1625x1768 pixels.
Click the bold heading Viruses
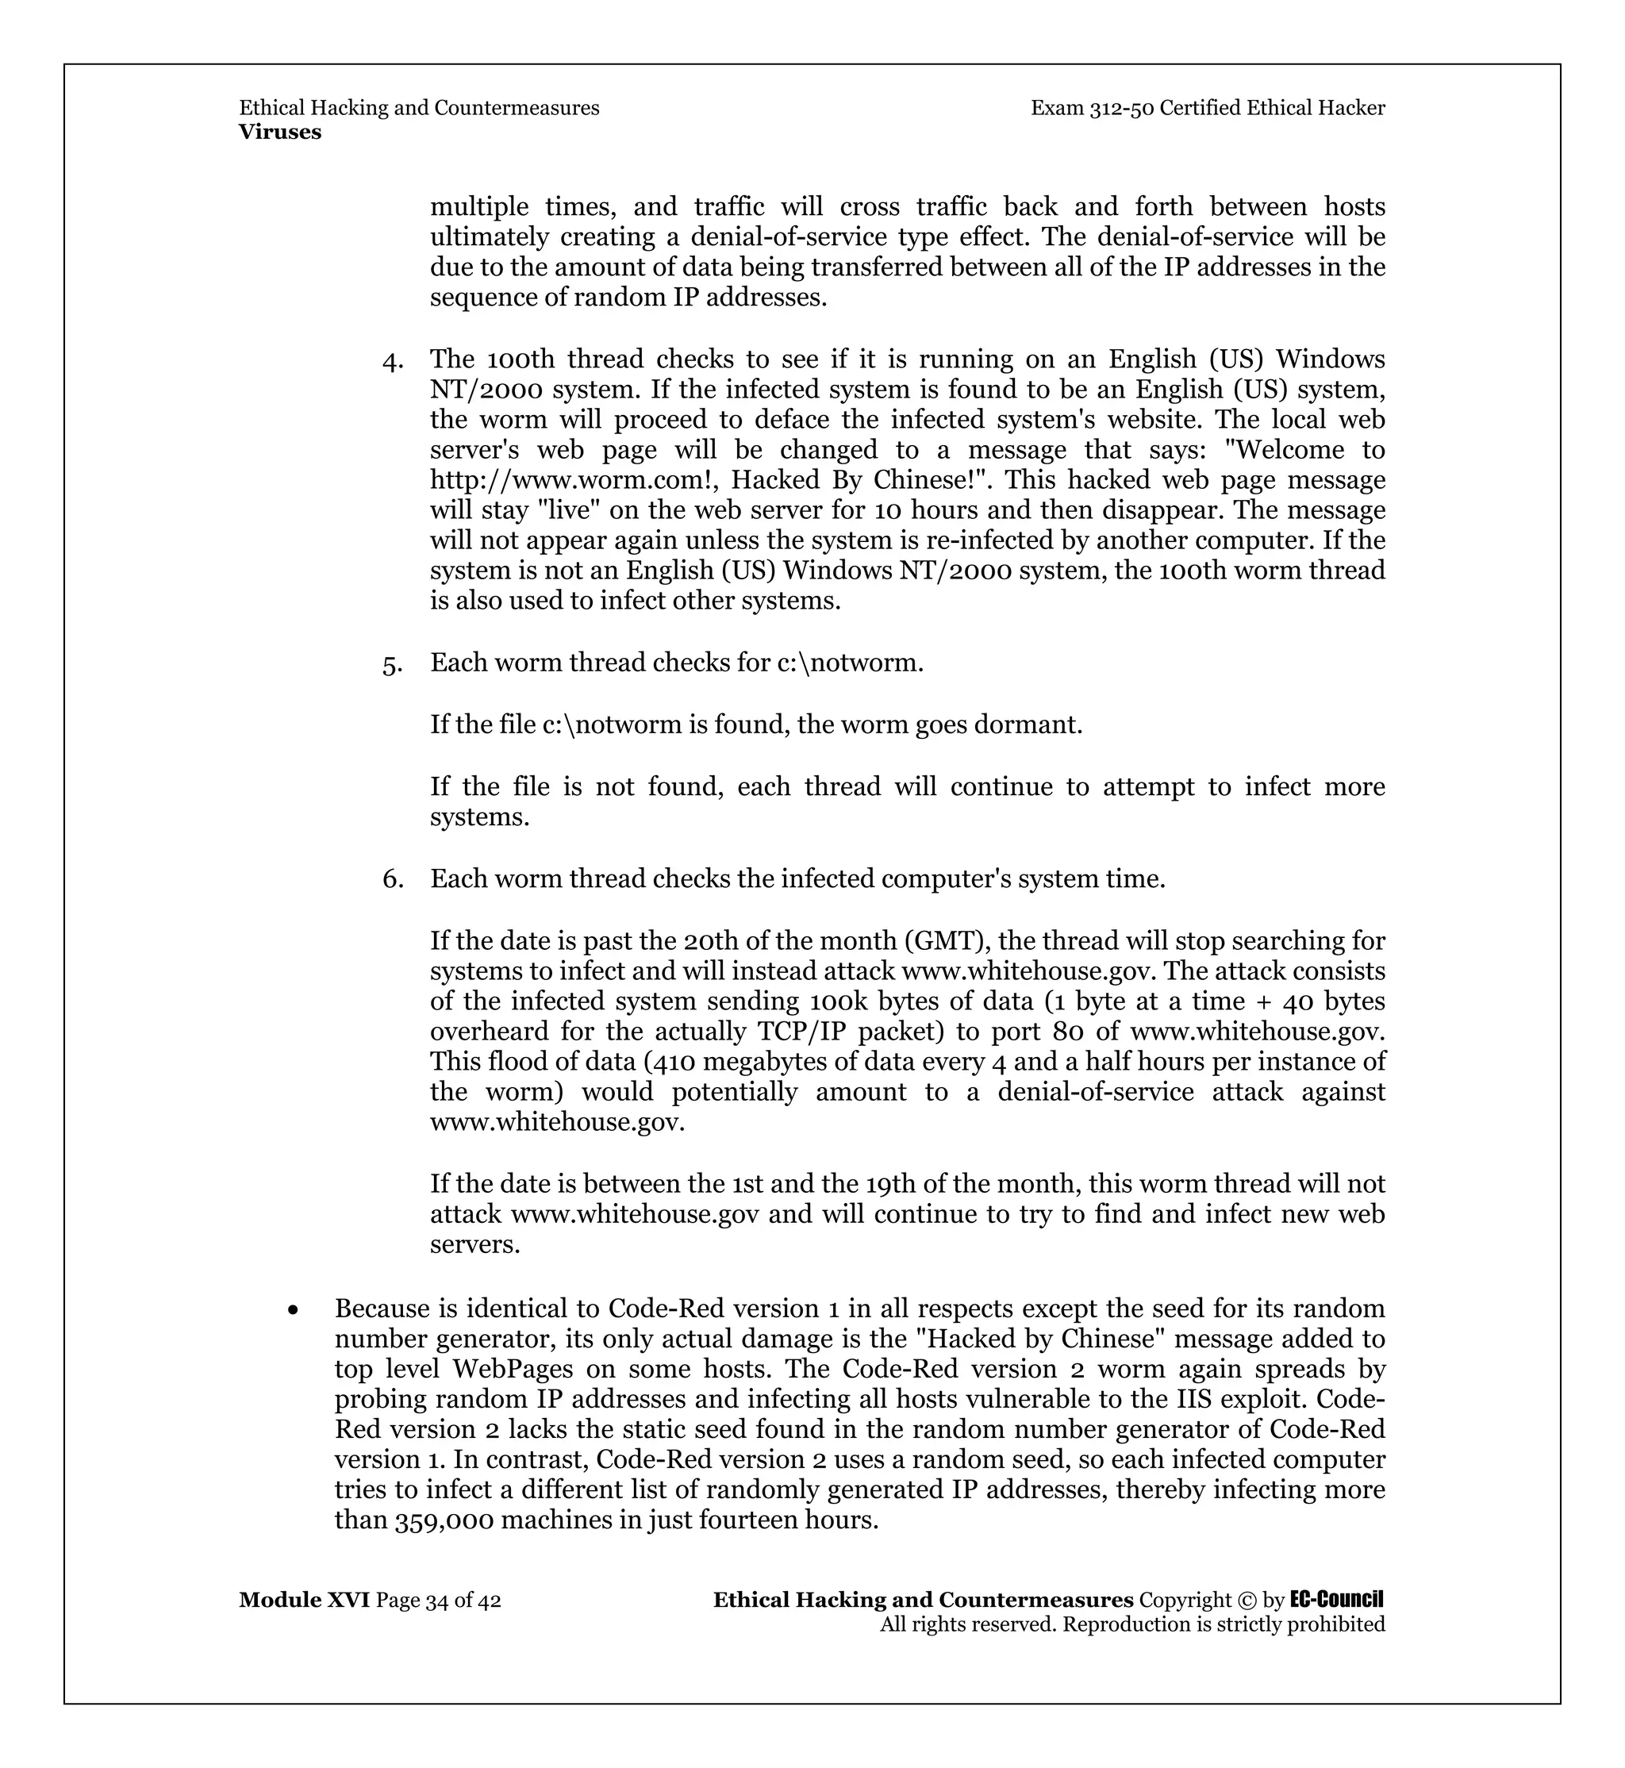pyautogui.click(x=279, y=132)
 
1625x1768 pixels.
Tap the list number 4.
pyautogui.click(x=392, y=360)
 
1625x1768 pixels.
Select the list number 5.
pyautogui.click(x=392, y=664)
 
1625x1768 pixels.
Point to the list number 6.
pyautogui.click(x=392, y=879)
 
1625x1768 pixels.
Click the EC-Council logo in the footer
pyautogui.click(x=1337, y=1600)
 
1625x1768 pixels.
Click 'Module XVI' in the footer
pyautogui.click(x=304, y=1601)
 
